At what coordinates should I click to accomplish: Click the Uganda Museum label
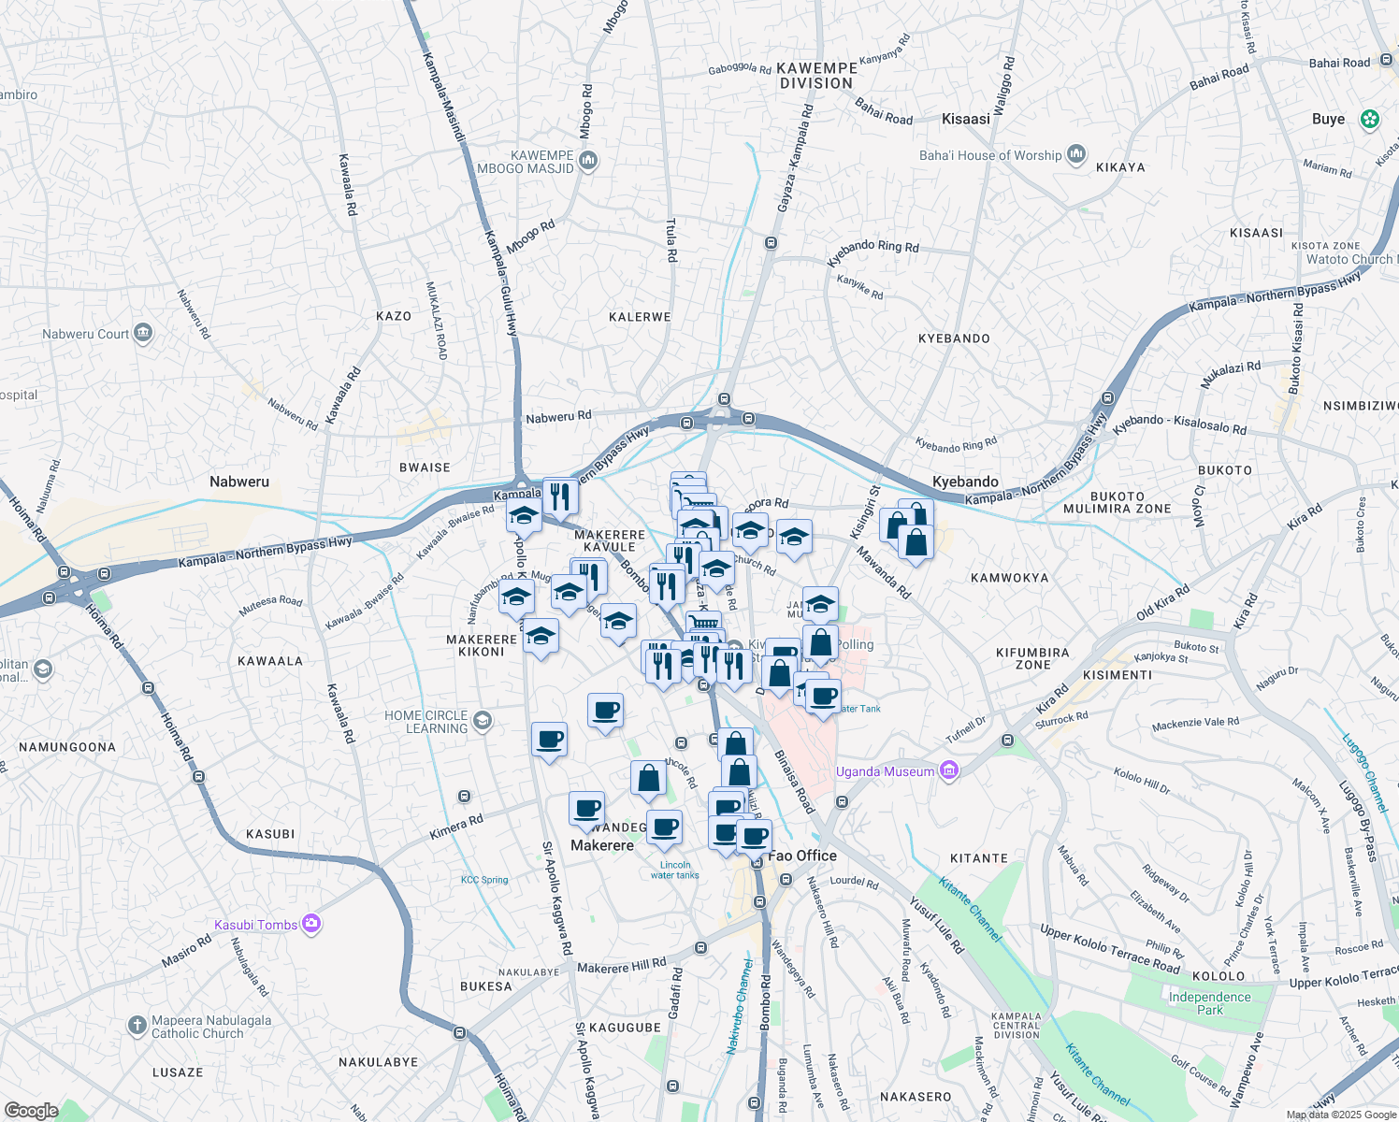[x=884, y=771]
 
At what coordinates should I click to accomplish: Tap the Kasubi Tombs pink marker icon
[x=311, y=925]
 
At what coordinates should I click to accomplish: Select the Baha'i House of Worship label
[x=990, y=155]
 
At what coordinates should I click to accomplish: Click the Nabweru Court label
[x=85, y=334]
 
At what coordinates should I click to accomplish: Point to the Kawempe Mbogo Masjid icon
[x=588, y=161]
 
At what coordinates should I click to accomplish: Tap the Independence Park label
[x=1209, y=1003]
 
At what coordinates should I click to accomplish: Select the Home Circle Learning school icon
[x=482, y=720]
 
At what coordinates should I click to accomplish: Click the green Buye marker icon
[x=1370, y=119]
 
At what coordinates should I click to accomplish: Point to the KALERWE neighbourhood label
[x=640, y=317]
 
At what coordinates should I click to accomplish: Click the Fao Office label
[x=802, y=856]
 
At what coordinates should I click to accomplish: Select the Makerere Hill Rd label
[x=622, y=967]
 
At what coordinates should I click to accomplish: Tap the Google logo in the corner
[x=31, y=1110]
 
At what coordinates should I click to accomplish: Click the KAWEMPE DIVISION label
[x=816, y=76]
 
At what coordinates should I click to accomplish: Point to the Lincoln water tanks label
[x=674, y=870]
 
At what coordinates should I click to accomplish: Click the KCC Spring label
[x=484, y=880]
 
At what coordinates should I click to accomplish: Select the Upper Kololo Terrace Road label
[x=1110, y=948]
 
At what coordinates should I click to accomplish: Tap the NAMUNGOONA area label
[x=67, y=747]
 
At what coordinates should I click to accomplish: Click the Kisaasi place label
[x=966, y=119]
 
